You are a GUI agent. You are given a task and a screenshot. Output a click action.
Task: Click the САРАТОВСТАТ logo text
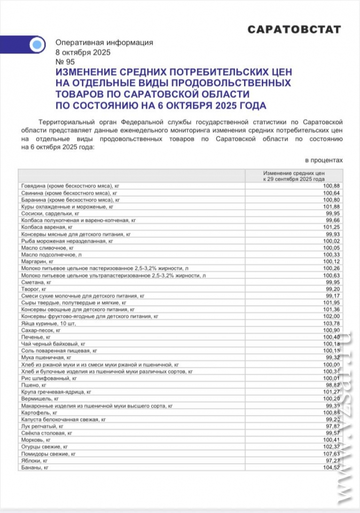point(294,30)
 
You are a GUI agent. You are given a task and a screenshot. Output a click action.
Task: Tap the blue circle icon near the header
point(36,45)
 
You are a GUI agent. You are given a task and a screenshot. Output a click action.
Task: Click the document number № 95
point(66,62)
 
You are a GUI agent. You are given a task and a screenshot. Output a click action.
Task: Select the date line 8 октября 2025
point(83,52)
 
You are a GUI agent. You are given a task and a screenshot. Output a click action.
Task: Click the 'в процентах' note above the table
point(324,160)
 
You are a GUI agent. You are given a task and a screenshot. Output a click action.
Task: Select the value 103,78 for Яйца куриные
point(331,323)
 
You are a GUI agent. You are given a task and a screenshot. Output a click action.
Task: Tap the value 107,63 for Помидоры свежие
point(331,453)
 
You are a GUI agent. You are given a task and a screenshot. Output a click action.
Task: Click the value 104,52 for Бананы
point(331,468)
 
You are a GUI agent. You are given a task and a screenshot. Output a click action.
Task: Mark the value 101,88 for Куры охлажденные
point(331,206)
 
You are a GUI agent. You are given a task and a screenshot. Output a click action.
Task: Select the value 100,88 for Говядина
point(331,185)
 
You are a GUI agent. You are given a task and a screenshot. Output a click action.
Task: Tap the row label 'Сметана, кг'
point(36,281)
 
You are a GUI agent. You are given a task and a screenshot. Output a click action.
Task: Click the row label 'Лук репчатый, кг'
point(43,426)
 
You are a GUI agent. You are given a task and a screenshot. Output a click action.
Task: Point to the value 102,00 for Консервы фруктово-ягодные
point(331,316)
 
